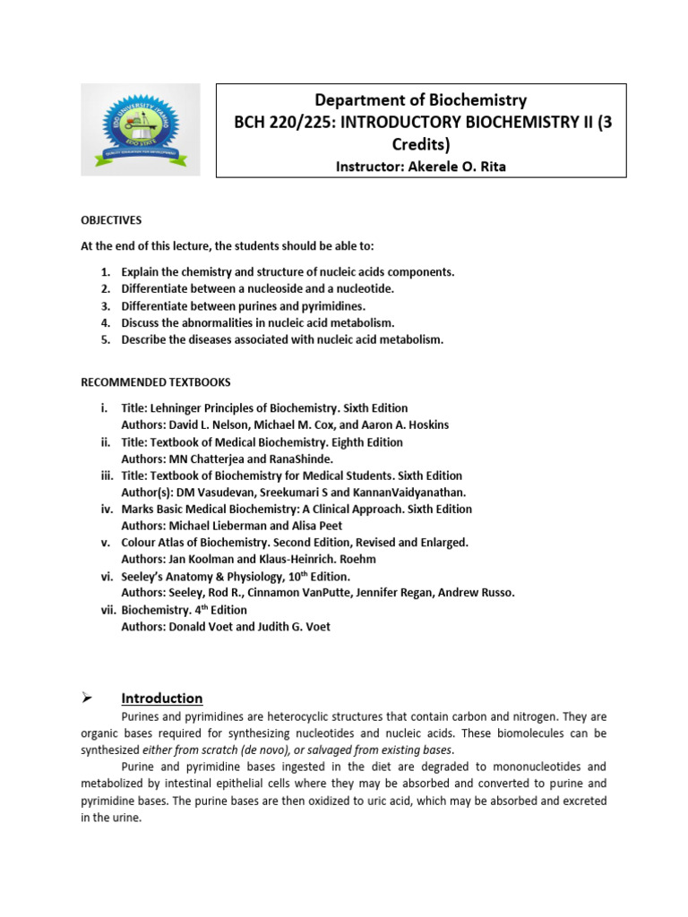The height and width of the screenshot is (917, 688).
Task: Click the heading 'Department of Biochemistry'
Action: coord(420,100)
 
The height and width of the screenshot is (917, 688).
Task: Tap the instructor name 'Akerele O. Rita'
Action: coord(456,167)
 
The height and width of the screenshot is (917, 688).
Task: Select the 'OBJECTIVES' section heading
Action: coord(111,220)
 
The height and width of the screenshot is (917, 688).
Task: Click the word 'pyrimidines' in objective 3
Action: coord(322,305)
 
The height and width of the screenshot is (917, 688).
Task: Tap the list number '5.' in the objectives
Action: coord(106,339)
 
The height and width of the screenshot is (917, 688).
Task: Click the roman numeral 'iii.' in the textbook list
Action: coord(106,476)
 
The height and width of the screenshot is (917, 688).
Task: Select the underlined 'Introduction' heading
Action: coord(162,698)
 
